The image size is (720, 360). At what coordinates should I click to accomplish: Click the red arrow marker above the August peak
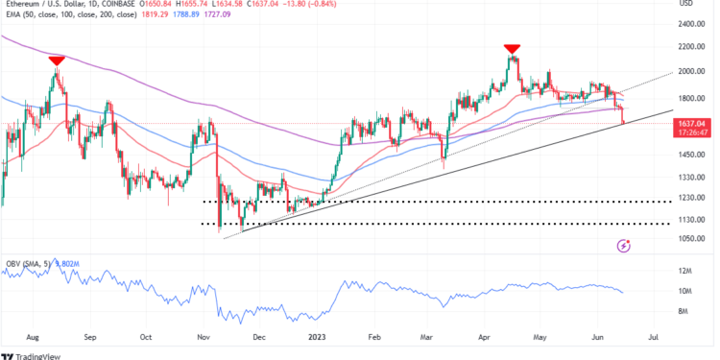(x=57, y=60)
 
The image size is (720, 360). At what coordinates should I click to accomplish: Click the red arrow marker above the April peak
(x=513, y=48)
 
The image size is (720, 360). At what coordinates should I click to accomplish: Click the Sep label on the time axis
(x=91, y=338)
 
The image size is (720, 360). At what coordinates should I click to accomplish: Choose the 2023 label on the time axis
(x=319, y=338)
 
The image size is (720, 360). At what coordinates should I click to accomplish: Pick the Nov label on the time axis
(x=204, y=338)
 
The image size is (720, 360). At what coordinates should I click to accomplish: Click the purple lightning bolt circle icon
(x=626, y=247)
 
